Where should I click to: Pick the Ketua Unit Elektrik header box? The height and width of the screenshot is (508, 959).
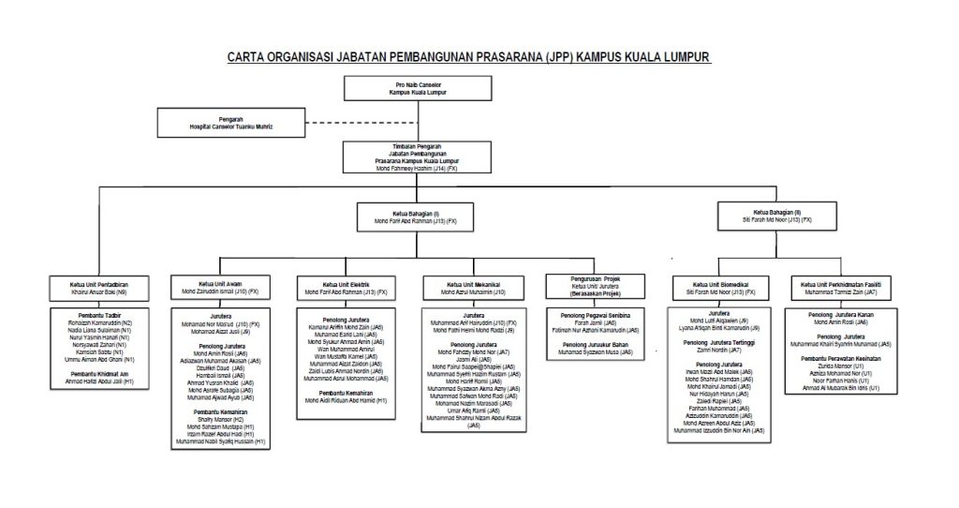[346, 289]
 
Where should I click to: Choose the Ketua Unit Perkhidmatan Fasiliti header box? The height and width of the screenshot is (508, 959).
[842, 289]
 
